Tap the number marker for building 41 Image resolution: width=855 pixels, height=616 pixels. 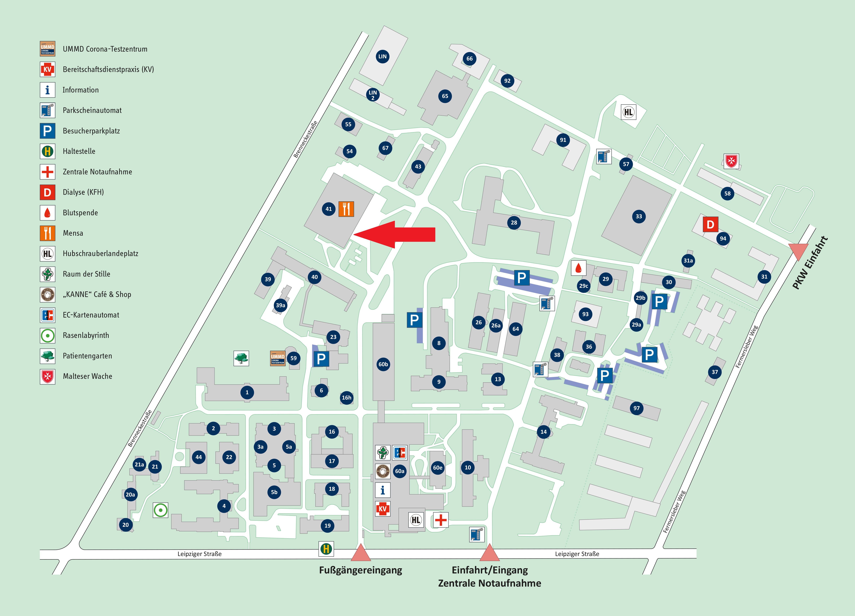(329, 209)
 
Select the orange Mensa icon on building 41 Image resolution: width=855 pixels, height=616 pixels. (346, 209)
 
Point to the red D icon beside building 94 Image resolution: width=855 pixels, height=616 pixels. (710, 225)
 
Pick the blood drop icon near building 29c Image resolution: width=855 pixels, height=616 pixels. (578, 268)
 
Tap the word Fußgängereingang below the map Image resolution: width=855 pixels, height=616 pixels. (360, 570)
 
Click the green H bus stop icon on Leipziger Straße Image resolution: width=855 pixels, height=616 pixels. (326, 549)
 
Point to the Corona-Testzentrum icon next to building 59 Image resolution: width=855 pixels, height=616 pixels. (278, 358)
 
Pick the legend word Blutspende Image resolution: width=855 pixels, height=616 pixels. (80, 213)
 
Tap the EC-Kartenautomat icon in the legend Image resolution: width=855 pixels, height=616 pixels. (48, 315)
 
